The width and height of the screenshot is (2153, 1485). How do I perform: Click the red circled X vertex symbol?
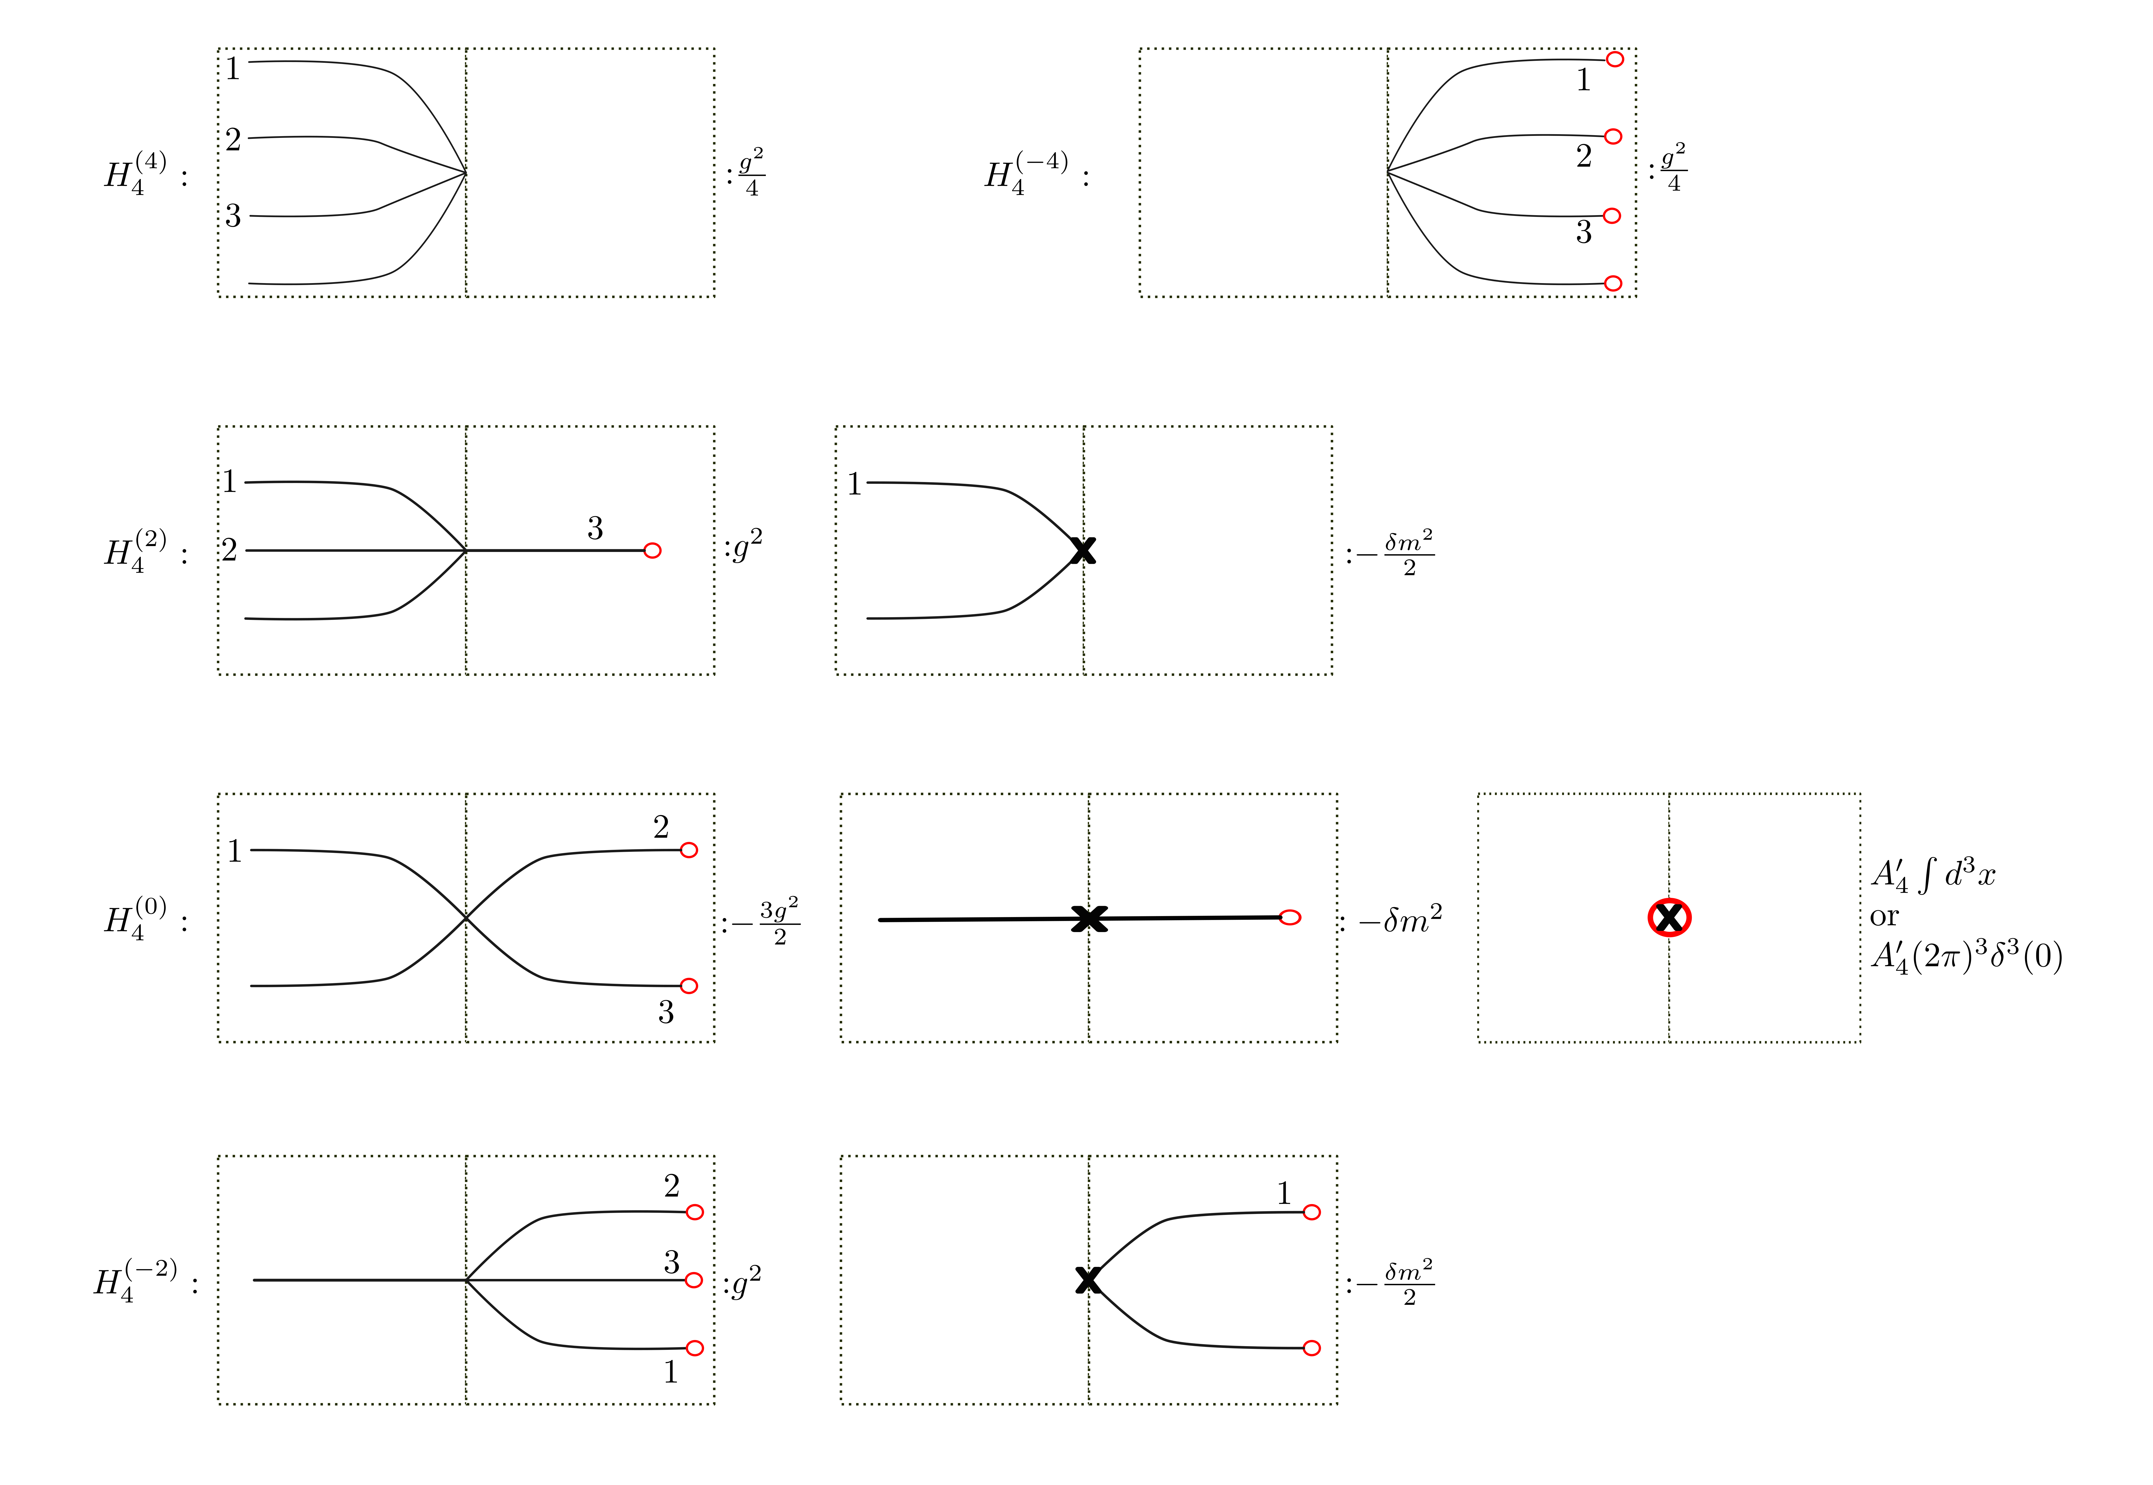click(x=1669, y=918)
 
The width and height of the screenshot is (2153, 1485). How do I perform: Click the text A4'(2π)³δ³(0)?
click(x=1966, y=957)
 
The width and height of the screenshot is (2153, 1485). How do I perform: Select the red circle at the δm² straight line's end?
click(x=1290, y=918)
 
